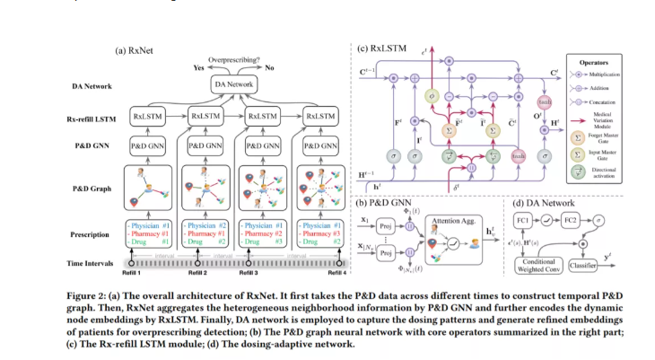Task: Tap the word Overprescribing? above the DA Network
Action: (236, 58)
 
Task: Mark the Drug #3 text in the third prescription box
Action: (265, 242)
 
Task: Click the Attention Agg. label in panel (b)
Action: (451, 220)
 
